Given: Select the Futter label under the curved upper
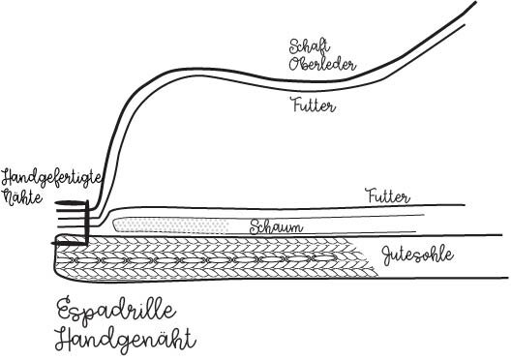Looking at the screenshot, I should (314, 107).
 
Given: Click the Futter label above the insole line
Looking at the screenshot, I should (387, 196).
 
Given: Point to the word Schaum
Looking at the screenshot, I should (277, 228).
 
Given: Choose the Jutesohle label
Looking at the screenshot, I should (418, 255).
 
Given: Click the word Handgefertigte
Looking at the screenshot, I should (59, 178).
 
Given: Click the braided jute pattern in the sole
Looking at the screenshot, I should (213, 256).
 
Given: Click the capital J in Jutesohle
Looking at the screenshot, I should (385, 255).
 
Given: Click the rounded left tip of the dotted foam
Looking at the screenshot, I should (117, 224).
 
